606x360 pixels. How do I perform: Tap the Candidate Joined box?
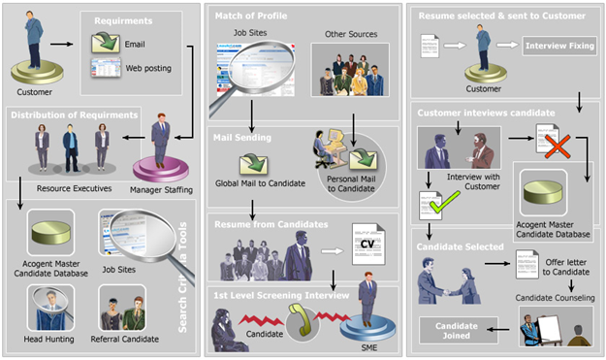(458, 330)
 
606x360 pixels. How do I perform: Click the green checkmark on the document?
(443, 203)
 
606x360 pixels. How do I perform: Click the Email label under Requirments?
(136, 45)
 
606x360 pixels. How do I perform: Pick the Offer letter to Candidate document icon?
(528, 264)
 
